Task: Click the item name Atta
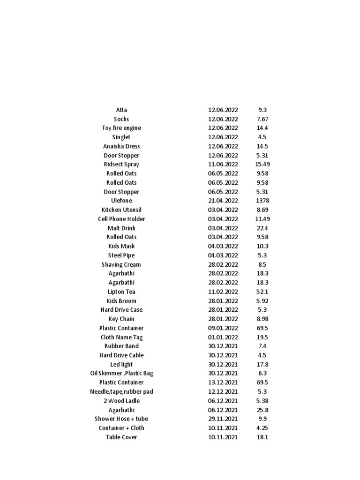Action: pos(121,110)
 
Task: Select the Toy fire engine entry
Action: pos(121,128)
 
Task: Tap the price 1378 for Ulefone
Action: pos(262,201)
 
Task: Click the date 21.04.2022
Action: pos(223,201)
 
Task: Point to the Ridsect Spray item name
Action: pos(121,165)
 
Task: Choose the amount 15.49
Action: pos(262,165)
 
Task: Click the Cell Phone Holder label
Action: pos(121,219)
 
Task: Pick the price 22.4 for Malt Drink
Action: pos(262,228)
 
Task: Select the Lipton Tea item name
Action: pos(121,292)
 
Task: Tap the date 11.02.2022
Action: pos(223,292)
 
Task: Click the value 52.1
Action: pos(262,292)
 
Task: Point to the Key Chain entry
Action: pos(121,319)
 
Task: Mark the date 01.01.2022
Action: pos(223,337)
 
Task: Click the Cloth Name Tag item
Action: pos(121,337)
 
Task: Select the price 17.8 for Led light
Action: pos(262,364)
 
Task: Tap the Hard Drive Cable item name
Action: pos(121,355)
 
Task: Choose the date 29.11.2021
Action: pos(223,419)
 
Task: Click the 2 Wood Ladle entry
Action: pos(121,401)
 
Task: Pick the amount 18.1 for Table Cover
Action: pos(262,437)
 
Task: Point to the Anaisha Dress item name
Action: pos(121,146)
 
